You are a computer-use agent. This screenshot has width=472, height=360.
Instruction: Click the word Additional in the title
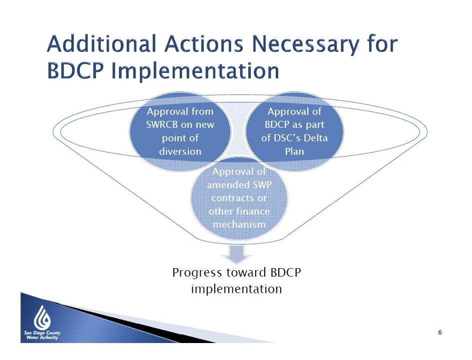point(101,43)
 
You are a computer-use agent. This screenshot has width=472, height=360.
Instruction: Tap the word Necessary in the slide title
point(305,44)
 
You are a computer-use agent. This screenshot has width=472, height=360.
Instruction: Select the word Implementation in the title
point(195,71)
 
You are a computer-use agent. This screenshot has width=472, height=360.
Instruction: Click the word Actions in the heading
point(204,44)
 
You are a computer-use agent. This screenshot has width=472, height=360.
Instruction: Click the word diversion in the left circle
point(180,151)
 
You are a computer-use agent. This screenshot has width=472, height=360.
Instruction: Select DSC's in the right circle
point(287,138)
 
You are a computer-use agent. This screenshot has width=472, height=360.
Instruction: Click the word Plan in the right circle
point(294,151)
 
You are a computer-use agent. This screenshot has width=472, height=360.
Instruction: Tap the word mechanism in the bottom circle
point(239,225)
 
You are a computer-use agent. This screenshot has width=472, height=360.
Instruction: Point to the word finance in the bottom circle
point(252,211)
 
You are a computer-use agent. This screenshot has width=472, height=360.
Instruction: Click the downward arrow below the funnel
point(236,254)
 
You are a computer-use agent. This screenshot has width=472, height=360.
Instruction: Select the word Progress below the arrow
point(197,273)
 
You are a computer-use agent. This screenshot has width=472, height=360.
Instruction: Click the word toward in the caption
point(246,273)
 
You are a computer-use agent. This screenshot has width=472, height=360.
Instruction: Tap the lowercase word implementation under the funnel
point(237,289)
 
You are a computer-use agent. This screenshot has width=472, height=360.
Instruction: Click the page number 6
point(440,333)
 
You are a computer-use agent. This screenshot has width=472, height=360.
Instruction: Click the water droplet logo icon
point(42,318)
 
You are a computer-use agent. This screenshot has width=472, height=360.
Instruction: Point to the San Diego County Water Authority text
point(42,336)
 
